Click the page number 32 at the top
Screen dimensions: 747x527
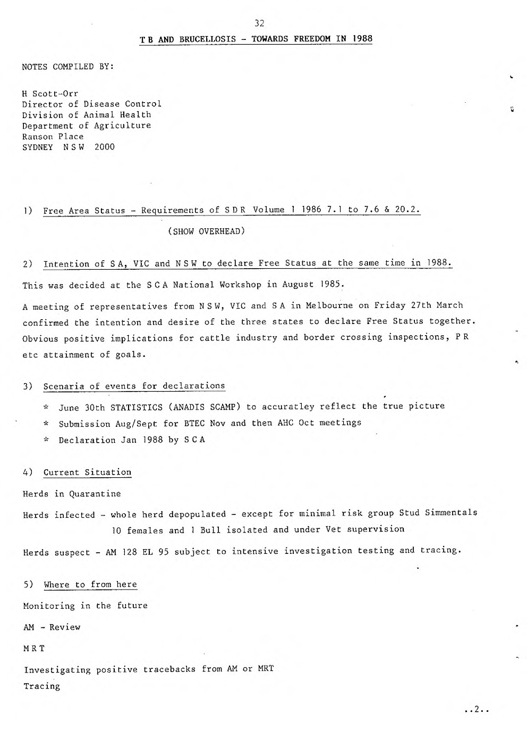(x=259, y=23)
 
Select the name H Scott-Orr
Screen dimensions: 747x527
(x=50, y=94)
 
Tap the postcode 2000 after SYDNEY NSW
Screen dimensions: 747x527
(x=104, y=147)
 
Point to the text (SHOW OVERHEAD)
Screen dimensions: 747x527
(x=206, y=231)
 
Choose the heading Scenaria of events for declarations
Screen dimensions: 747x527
(x=134, y=386)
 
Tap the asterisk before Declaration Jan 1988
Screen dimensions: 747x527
(x=46, y=440)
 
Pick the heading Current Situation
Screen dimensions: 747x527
(x=87, y=472)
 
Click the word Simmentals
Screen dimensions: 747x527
(x=451, y=513)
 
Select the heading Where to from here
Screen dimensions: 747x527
(x=90, y=585)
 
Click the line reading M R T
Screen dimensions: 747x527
(x=34, y=649)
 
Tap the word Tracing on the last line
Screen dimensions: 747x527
(x=42, y=686)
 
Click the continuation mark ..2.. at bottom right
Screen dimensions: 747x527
(x=475, y=709)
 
